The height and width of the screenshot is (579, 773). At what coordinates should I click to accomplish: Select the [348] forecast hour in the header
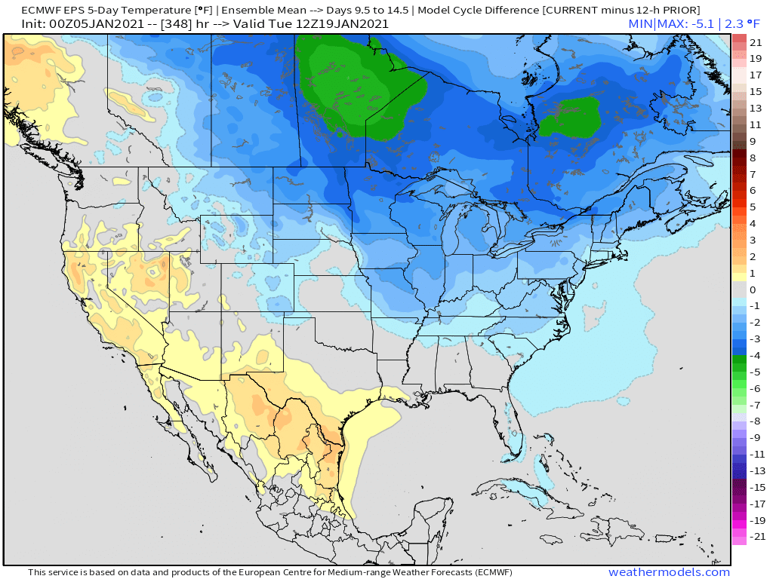pos(180,23)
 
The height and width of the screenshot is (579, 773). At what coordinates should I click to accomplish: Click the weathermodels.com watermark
pos(669,572)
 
